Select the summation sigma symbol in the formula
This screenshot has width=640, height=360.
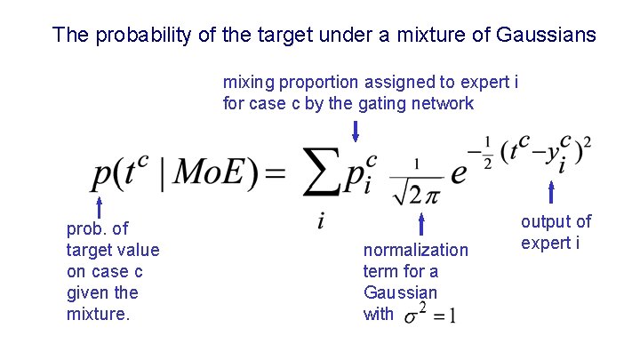point(322,172)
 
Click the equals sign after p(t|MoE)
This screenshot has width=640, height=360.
point(275,172)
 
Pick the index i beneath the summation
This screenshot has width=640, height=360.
point(321,220)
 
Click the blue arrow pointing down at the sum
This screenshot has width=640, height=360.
point(356,132)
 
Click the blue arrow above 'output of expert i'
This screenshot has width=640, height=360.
point(552,192)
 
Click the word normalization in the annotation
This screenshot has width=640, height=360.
point(415,250)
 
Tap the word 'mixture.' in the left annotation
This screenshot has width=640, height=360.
point(99,314)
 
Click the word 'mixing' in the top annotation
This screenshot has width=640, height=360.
point(249,83)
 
